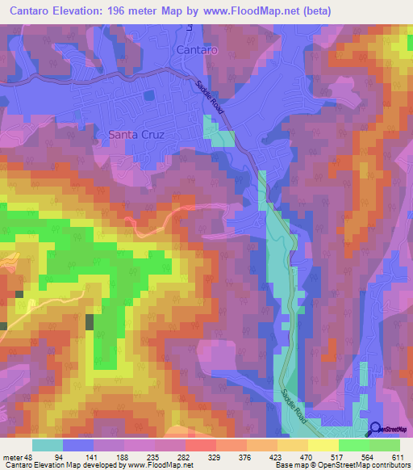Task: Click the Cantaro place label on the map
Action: pos(196,50)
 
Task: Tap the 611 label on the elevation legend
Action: pos(398,456)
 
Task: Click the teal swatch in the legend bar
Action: pos(48,445)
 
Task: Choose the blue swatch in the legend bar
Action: pos(78,445)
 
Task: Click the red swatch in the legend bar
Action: pos(201,445)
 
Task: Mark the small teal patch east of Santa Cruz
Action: pos(216,132)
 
